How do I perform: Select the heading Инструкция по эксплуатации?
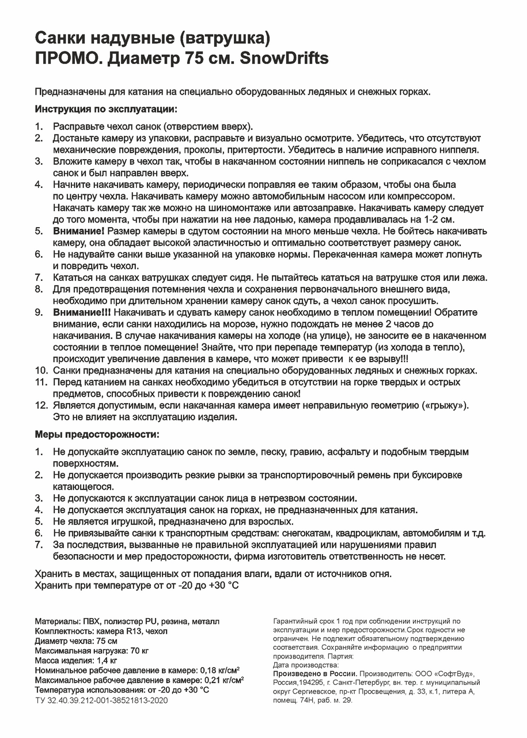tap(106, 109)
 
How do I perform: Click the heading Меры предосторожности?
tap(97, 434)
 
